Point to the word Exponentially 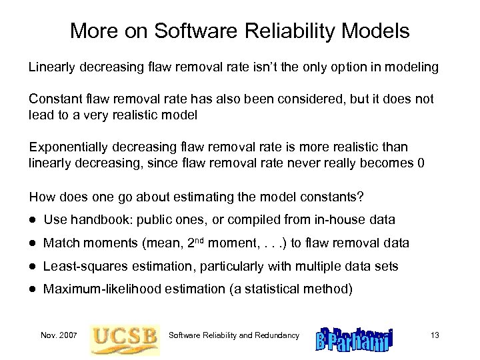tap(69, 146)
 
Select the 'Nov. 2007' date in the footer tap(58, 335)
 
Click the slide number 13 tap(435, 335)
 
